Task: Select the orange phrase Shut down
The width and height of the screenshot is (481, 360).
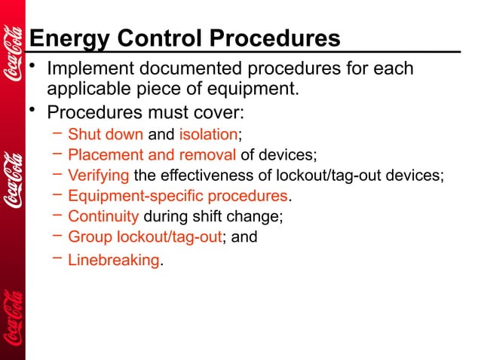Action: point(106,136)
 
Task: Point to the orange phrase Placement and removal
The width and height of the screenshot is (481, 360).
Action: point(152,156)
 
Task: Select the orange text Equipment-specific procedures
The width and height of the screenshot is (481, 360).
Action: point(178,197)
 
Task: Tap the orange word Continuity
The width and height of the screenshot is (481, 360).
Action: point(103,217)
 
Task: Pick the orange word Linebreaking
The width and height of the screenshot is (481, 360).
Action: point(114,261)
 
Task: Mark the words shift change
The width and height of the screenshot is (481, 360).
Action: point(244,217)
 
